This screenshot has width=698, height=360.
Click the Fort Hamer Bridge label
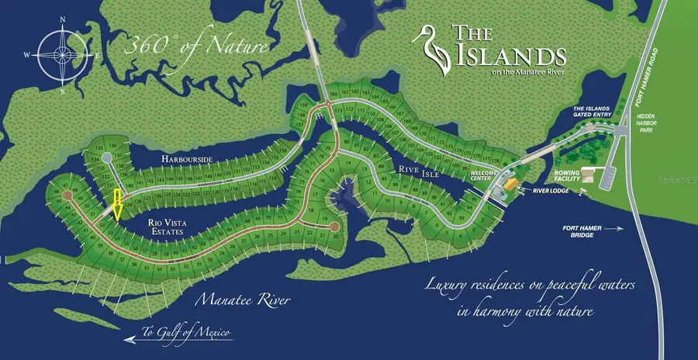coord(581,228)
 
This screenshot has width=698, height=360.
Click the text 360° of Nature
coord(197,44)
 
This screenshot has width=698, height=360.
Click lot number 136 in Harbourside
coord(113,146)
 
